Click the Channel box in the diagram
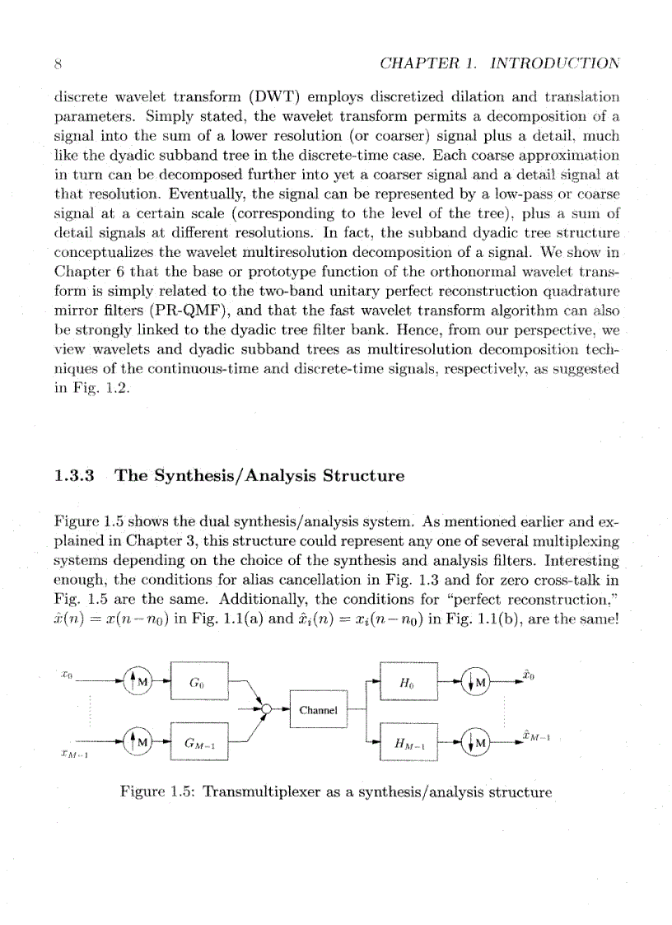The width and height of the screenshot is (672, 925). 320,709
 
